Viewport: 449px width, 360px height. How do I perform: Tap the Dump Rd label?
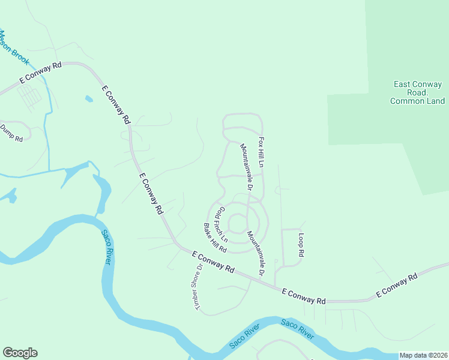pyautogui.click(x=11, y=133)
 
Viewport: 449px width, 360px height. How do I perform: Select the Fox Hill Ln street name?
pyautogui.click(x=261, y=152)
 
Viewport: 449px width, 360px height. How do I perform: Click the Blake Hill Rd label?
pyautogui.click(x=214, y=238)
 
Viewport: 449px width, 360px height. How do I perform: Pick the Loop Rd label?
pyautogui.click(x=301, y=245)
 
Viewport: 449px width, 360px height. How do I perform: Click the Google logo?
pyautogui.click(x=20, y=353)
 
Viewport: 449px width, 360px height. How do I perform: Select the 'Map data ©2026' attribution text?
pyautogui.click(x=424, y=355)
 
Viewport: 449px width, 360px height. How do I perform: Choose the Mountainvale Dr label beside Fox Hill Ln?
pyautogui.click(x=247, y=167)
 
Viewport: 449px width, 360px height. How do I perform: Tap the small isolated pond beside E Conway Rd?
pyautogui.click(x=89, y=98)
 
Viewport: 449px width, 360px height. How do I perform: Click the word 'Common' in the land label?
pyautogui.click(x=408, y=101)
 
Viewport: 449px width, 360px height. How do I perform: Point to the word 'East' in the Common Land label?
pyautogui.click(x=402, y=85)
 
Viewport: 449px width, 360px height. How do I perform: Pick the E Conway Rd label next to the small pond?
pyautogui.click(x=116, y=105)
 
